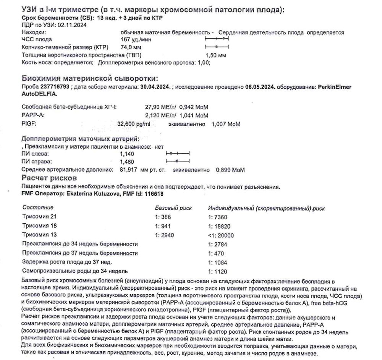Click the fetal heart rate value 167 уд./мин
(x=133, y=39)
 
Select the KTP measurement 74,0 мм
(x=129, y=47)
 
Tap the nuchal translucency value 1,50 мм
(x=216, y=55)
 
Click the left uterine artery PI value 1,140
(x=128, y=154)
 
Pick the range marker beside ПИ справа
(x=178, y=162)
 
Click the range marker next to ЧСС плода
(x=217, y=39)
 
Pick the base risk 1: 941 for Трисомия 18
(x=164, y=226)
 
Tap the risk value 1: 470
(x=216, y=253)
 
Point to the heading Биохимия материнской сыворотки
(x=90, y=79)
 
